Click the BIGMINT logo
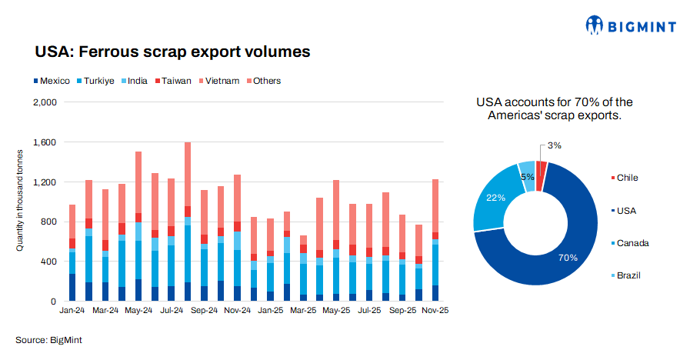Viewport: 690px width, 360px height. [x=630, y=27]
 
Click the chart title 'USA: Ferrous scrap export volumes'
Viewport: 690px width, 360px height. [x=172, y=52]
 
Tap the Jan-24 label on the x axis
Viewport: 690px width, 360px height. [x=72, y=312]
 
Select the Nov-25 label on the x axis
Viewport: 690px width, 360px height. [x=435, y=312]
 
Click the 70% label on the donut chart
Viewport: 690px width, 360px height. [x=568, y=258]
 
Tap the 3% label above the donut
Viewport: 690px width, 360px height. [x=555, y=145]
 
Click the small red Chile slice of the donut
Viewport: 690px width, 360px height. [x=541, y=174]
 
